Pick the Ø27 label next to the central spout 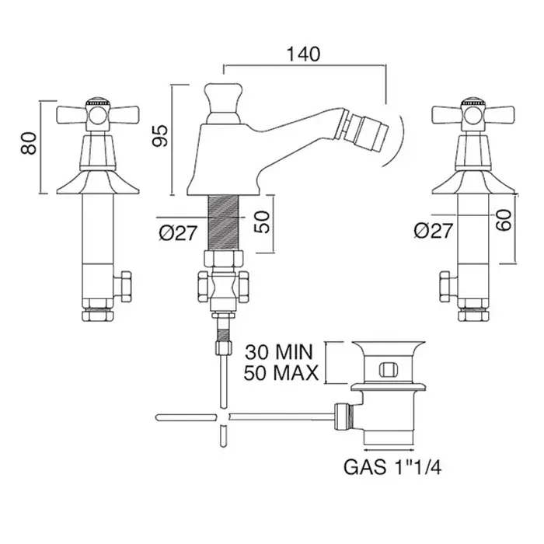[176, 231]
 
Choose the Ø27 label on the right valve [433, 231]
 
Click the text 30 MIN [281, 350]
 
